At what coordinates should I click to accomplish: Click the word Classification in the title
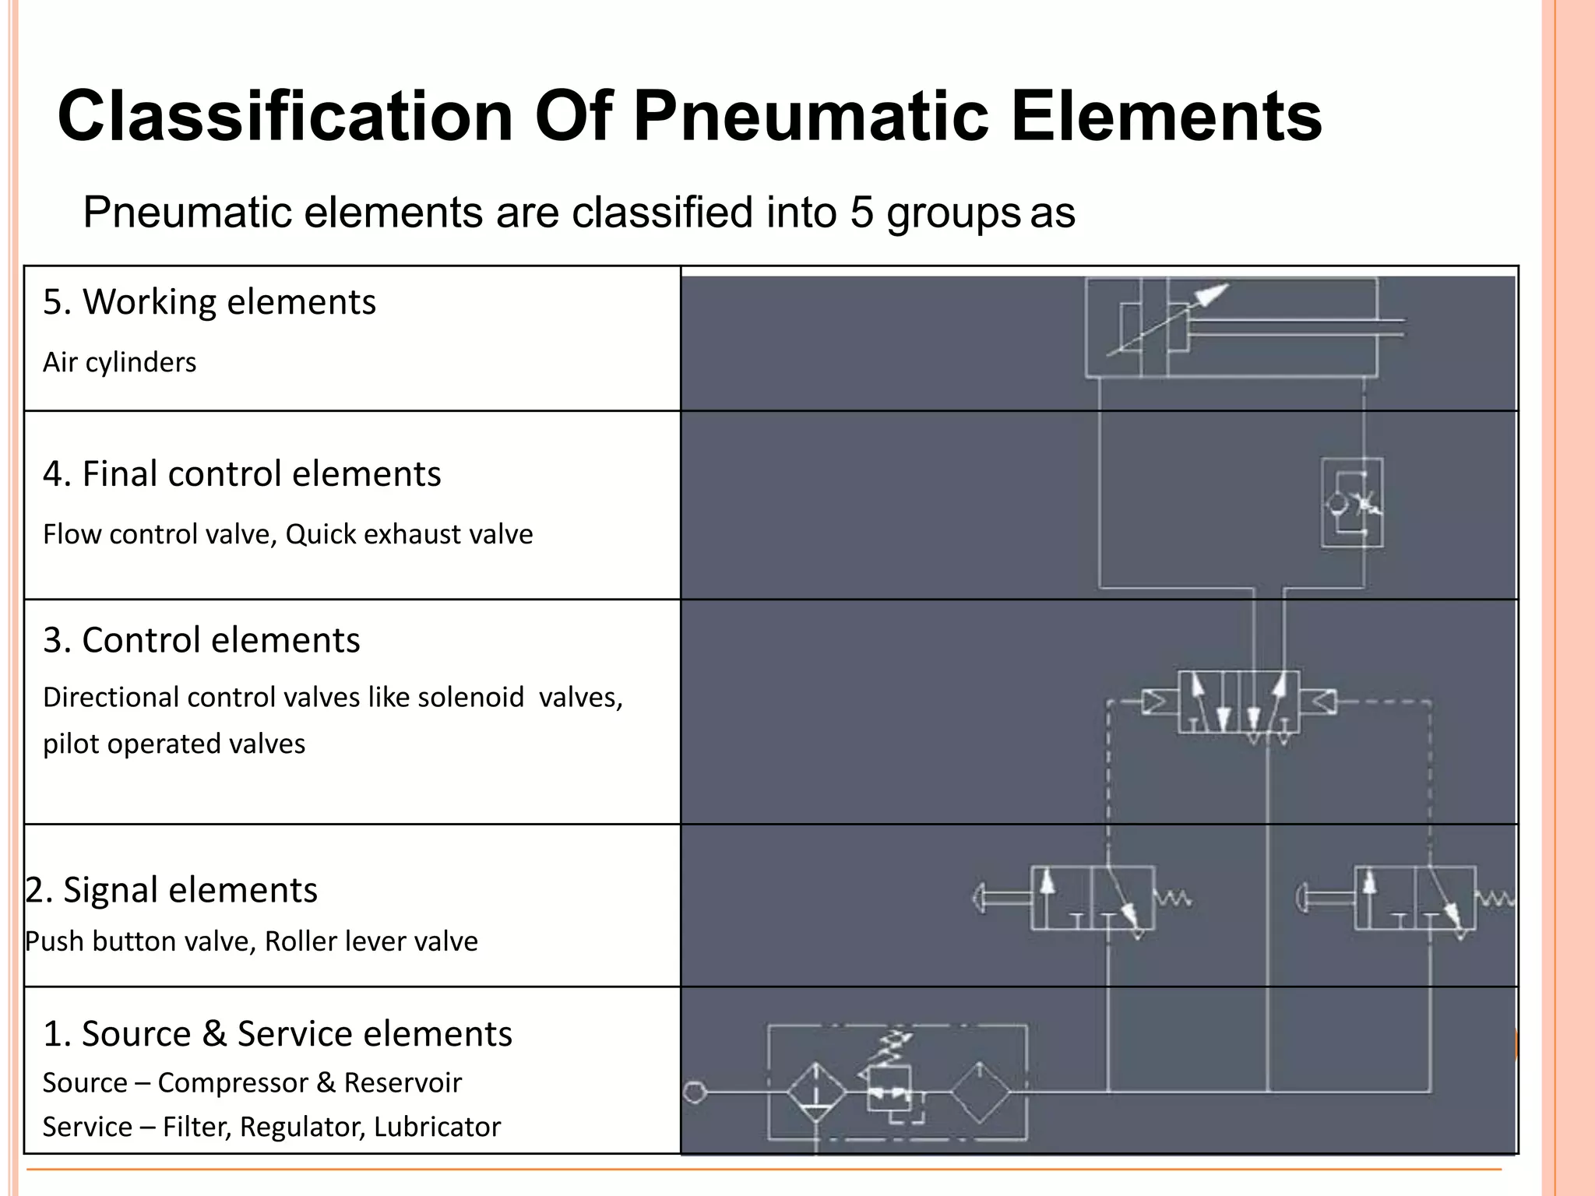point(285,117)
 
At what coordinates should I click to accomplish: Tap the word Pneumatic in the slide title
point(811,117)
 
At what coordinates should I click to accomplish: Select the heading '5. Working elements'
point(209,302)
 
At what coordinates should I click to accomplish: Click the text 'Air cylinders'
point(119,363)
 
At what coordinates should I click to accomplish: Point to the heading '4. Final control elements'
point(241,474)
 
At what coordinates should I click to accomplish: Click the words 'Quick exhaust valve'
point(409,535)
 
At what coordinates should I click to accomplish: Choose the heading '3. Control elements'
point(201,640)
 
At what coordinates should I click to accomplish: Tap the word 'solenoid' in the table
point(470,698)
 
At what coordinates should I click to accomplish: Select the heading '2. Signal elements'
point(171,890)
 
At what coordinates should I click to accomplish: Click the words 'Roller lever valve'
point(371,942)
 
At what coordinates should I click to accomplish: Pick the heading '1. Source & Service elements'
point(277,1034)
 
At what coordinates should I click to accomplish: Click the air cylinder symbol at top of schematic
point(1231,329)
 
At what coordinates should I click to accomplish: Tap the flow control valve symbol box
point(1352,502)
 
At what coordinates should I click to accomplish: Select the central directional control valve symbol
point(1238,702)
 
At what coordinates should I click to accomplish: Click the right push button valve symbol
point(1414,899)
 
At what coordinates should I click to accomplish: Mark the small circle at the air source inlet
point(695,1092)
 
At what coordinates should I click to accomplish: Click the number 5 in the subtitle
point(861,213)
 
